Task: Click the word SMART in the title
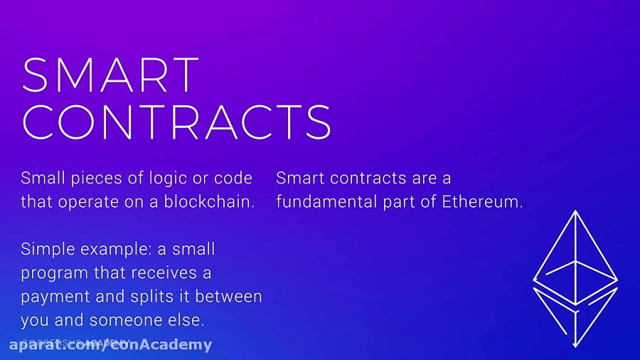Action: pos(110,74)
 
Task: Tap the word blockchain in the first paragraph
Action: pos(209,201)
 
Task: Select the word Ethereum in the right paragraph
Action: pos(482,201)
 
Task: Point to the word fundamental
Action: pos(321,201)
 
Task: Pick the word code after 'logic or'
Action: pos(233,178)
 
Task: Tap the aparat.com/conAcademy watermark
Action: pos(110,345)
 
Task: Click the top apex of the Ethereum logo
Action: pos(575,211)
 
